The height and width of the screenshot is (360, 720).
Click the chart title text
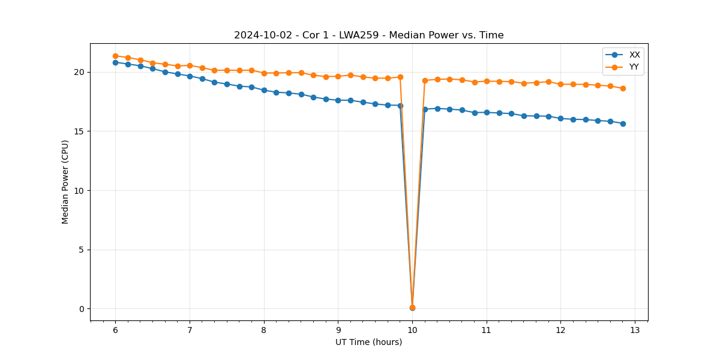(x=368, y=35)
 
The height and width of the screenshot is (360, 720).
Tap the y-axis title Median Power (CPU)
(x=65, y=182)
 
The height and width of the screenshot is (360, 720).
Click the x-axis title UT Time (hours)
(x=368, y=342)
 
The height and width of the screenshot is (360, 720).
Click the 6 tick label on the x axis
(x=115, y=331)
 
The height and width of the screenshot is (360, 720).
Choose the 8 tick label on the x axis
(x=264, y=331)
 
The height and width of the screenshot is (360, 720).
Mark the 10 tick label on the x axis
(x=412, y=331)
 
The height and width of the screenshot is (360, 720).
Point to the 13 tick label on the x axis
(x=635, y=331)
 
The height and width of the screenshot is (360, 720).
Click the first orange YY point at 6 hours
(x=115, y=56)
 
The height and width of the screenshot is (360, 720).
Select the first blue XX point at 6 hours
(x=115, y=62)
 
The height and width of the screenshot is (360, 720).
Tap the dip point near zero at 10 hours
(x=412, y=308)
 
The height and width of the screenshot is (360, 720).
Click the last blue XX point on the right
(x=623, y=124)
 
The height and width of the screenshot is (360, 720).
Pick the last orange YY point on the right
(x=623, y=88)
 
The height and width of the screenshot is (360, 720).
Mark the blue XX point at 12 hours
(x=560, y=118)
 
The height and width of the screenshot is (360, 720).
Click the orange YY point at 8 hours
(x=264, y=73)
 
